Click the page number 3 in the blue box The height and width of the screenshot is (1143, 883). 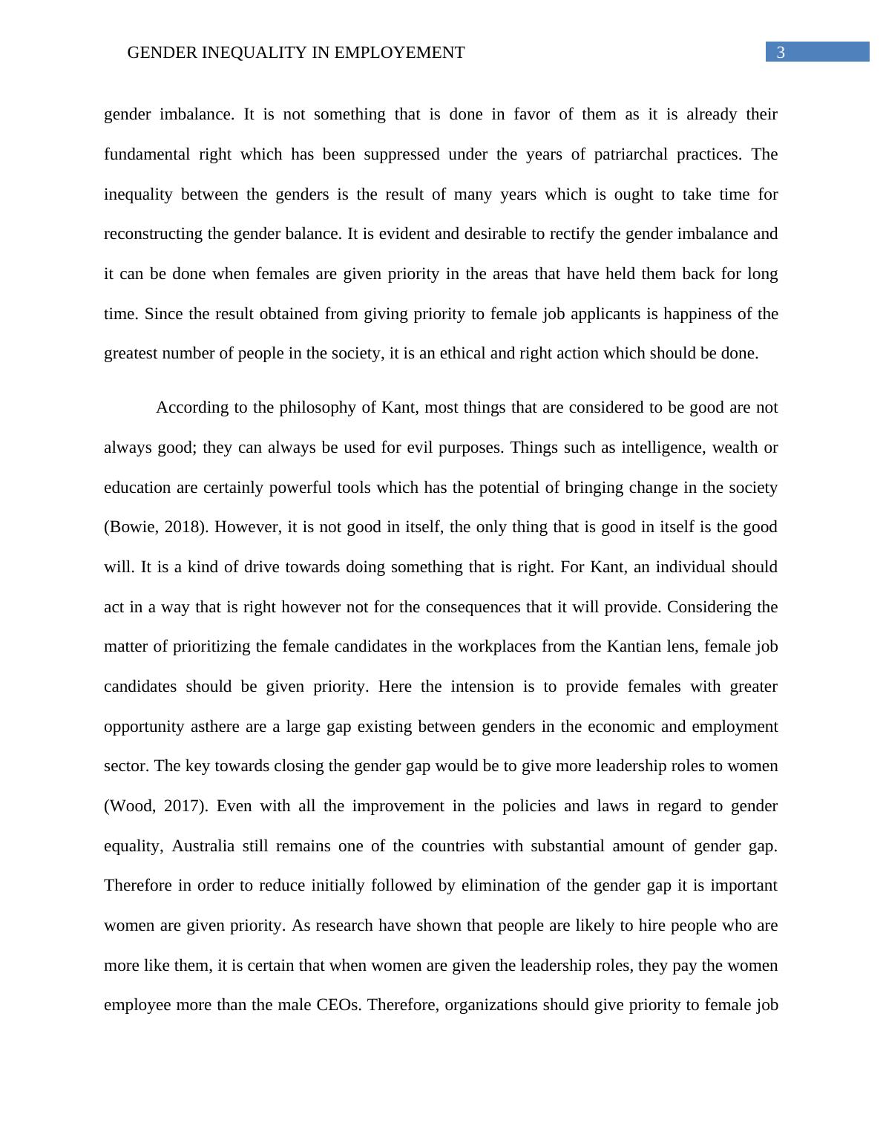pyautogui.click(x=780, y=52)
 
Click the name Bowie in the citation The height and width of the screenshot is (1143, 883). pyautogui.click(x=131, y=527)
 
